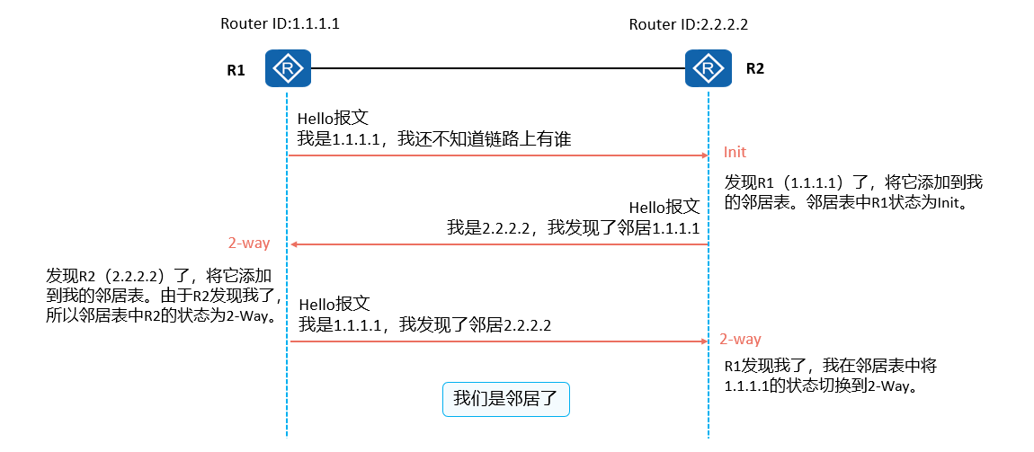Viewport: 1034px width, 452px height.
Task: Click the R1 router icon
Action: click(x=287, y=68)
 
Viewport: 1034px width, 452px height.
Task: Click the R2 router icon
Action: click(x=708, y=68)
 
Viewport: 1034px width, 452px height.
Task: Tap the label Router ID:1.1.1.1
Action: click(x=280, y=23)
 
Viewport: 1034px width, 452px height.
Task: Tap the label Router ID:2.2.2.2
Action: click(x=688, y=23)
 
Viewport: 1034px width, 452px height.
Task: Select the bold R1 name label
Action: click(x=236, y=70)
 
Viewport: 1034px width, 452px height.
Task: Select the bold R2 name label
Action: click(x=754, y=68)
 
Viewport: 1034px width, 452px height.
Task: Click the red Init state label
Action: click(x=735, y=152)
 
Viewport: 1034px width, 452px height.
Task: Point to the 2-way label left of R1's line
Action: click(x=248, y=243)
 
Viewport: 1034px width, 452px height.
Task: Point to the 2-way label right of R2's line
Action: click(x=740, y=339)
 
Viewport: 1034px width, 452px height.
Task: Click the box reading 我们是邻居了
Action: click(x=506, y=399)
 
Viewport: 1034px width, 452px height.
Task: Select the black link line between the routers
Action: click(x=496, y=68)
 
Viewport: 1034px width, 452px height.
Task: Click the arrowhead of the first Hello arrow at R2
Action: click(x=705, y=155)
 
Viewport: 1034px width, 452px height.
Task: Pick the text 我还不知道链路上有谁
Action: click(x=486, y=138)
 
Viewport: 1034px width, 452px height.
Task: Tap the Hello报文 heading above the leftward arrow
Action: click(x=664, y=208)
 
